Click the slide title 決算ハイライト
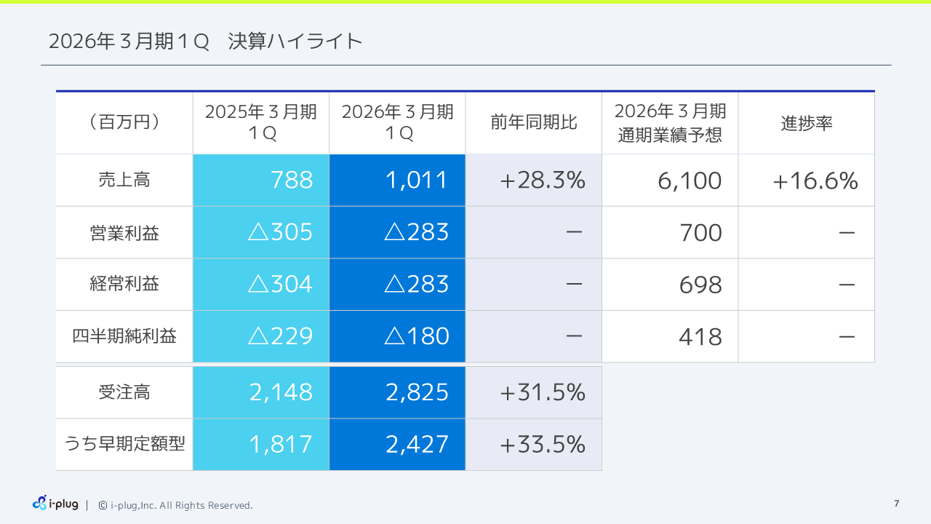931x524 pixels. pyautogui.click(x=205, y=41)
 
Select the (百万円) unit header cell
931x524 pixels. pyautogui.click(x=124, y=122)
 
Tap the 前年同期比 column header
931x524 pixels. pyautogui.click(x=534, y=122)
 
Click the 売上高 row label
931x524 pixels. pyautogui.click(x=124, y=180)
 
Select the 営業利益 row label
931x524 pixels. pyautogui.click(x=124, y=233)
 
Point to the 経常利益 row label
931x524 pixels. pyautogui.click(x=124, y=285)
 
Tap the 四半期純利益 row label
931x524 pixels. pyautogui.click(x=124, y=336)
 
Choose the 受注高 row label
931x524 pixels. pyautogui.click(x=124, y=393)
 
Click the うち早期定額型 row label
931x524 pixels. pyautogui.click(x=124, y=445)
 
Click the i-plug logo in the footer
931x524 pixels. pyautogui.click(x=55, y=504)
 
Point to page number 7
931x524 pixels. pyautogui.click(x=896, y=504)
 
